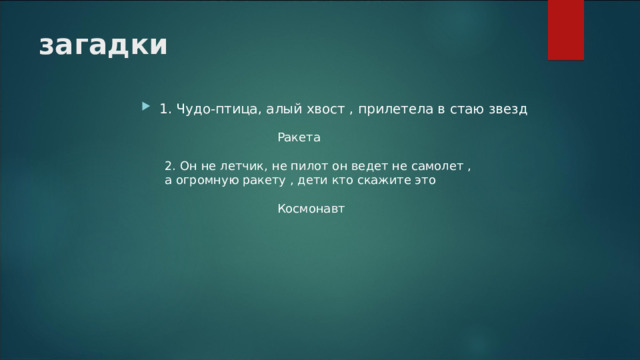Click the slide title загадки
click(x=103, y=45)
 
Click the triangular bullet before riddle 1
click(x=147, y=107)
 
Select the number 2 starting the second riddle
click(x=168, y=165)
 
